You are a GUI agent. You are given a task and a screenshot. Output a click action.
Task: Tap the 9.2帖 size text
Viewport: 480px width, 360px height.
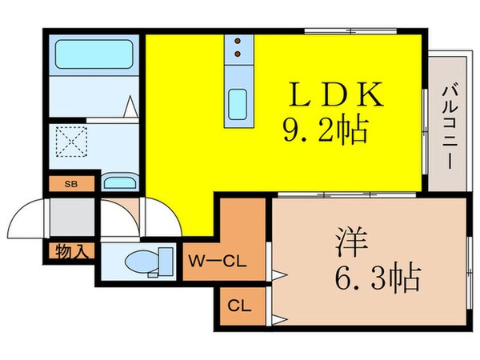323,129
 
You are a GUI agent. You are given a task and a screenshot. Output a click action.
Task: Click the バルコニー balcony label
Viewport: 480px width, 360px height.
447,124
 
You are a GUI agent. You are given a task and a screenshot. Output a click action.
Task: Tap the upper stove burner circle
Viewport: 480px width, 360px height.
238,43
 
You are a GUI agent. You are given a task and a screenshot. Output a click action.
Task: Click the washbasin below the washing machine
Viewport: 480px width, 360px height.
120,182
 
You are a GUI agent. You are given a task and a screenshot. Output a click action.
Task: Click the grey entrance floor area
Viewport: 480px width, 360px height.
70,216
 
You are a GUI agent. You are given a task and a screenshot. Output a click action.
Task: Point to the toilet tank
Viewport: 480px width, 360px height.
166,260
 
